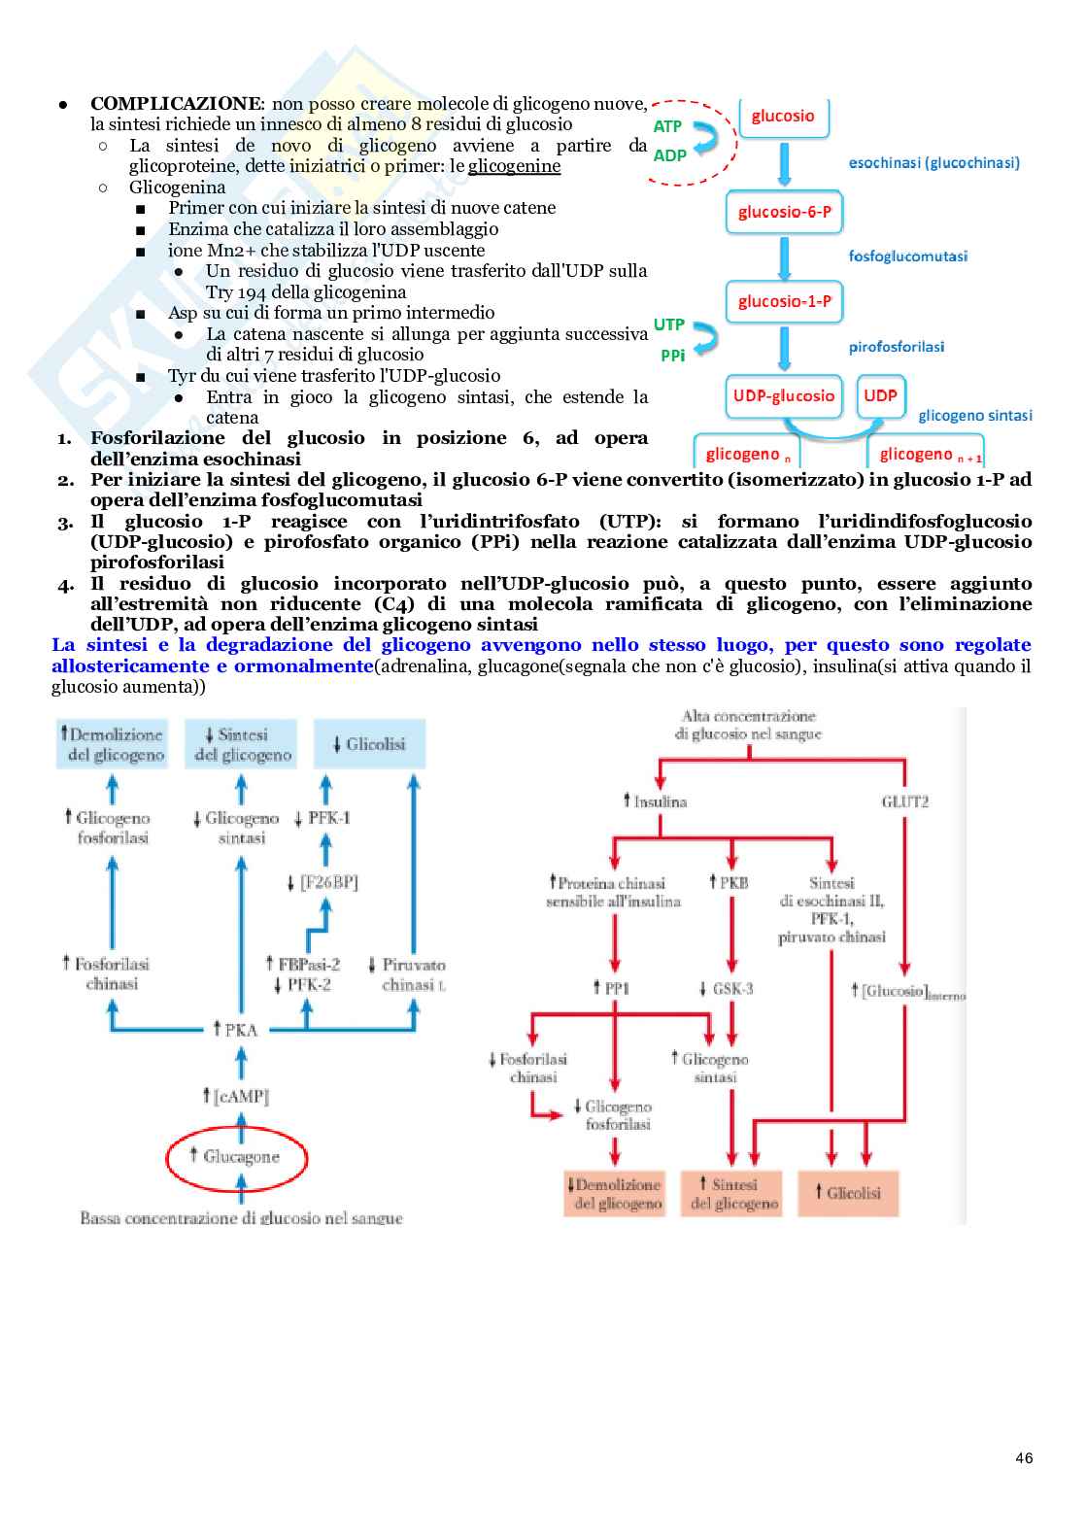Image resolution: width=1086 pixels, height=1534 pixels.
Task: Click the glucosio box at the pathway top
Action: pyautogui.click(x=782, y=117)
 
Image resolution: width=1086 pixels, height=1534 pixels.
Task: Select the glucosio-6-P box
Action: pyautogui.click(x=784, y=212)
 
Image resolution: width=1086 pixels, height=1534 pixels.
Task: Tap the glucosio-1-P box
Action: pyautogui.click(x=784, y=301)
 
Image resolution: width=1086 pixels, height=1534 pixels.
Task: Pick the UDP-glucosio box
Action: pyautogui.click(x=783, y=395)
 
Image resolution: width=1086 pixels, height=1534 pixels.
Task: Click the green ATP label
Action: pyautogui.click(x=667, y=126)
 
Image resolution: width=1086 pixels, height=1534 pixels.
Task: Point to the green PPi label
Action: pyautogui.click(x=672, y=356)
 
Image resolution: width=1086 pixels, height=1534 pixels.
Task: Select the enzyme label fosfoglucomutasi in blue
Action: pyautogui.click(x=907, y=256)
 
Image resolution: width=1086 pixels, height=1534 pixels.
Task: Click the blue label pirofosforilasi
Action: pyautogui.click(x=896, y=347)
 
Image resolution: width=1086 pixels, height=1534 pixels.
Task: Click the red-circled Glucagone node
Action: pyautogui.click(x=237, y=1156)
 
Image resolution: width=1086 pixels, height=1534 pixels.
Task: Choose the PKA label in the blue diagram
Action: pyautogui.click(x=236, y=1030)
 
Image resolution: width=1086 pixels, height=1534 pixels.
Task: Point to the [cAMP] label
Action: pyautogui.click(x=236, y=1096)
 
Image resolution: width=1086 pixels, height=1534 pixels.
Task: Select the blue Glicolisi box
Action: pyautogui.click(x=369, y=744)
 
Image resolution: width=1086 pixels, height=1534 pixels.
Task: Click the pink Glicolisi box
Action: pyautogui.click(x=848, y=1193)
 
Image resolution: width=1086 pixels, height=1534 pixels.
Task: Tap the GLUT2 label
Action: pyautogui.click(x=904, y=801)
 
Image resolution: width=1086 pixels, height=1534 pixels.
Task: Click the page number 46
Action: pyautogui.click(x=1024, y=1458)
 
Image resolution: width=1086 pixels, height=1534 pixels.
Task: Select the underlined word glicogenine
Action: pyautogui.click(x=514, y=166)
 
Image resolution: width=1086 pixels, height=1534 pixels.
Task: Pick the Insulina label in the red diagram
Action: pyautogui.click(x=656, y=801)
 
